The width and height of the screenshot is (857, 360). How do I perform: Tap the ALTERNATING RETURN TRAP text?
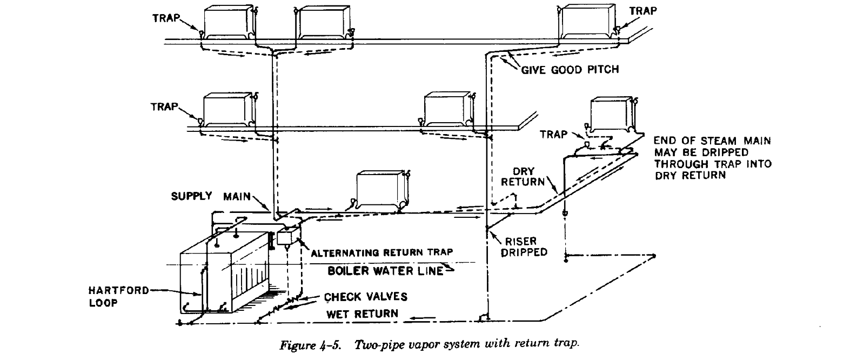tap(381, 252)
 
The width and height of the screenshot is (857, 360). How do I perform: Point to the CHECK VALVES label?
tap(366, 297)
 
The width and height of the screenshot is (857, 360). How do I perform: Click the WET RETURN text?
tap(362, 314)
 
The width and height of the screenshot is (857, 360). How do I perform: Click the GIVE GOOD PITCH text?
tap(569, 70)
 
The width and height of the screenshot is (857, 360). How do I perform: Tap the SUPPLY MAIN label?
tap(211, 196)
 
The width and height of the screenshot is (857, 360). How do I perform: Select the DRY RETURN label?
tap(523, 177)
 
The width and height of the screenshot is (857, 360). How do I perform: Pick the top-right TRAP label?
tap(643, 10)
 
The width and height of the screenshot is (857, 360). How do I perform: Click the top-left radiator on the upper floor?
tap(228, 21)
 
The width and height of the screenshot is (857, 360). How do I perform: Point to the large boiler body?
tap(224, 276)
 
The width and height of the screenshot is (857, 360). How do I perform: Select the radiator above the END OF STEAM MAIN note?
tap(612, 114)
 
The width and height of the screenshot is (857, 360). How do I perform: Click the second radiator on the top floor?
tap(323, 22)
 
